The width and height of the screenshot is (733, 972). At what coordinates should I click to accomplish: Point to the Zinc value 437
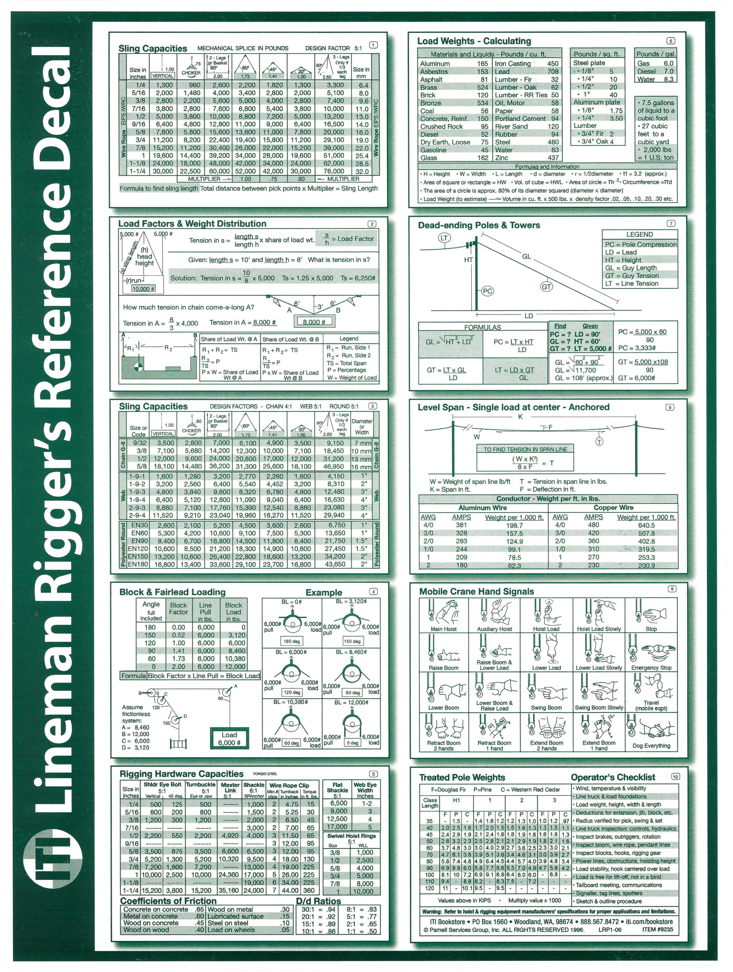coord(553,158)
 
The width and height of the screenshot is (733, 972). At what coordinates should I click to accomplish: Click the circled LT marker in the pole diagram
coord(444,238)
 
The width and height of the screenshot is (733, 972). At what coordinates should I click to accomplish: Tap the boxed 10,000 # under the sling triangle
coord(143,289)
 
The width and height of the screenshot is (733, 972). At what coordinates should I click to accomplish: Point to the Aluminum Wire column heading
coord(482,507)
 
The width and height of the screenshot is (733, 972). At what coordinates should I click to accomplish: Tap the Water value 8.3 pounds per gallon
coord(668,79)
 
